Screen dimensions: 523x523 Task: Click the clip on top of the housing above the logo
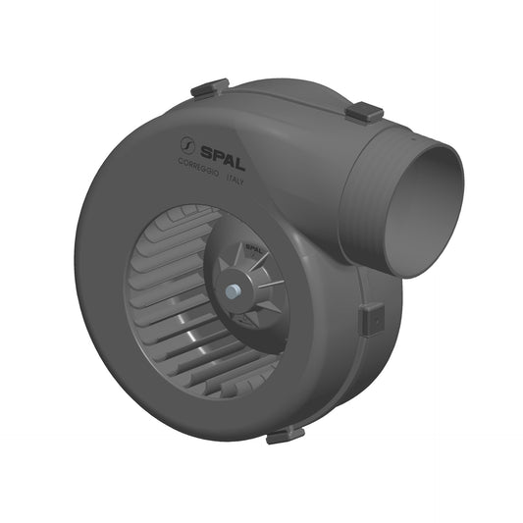click(209, 88)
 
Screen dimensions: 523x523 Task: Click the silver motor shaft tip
click(232, 290)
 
